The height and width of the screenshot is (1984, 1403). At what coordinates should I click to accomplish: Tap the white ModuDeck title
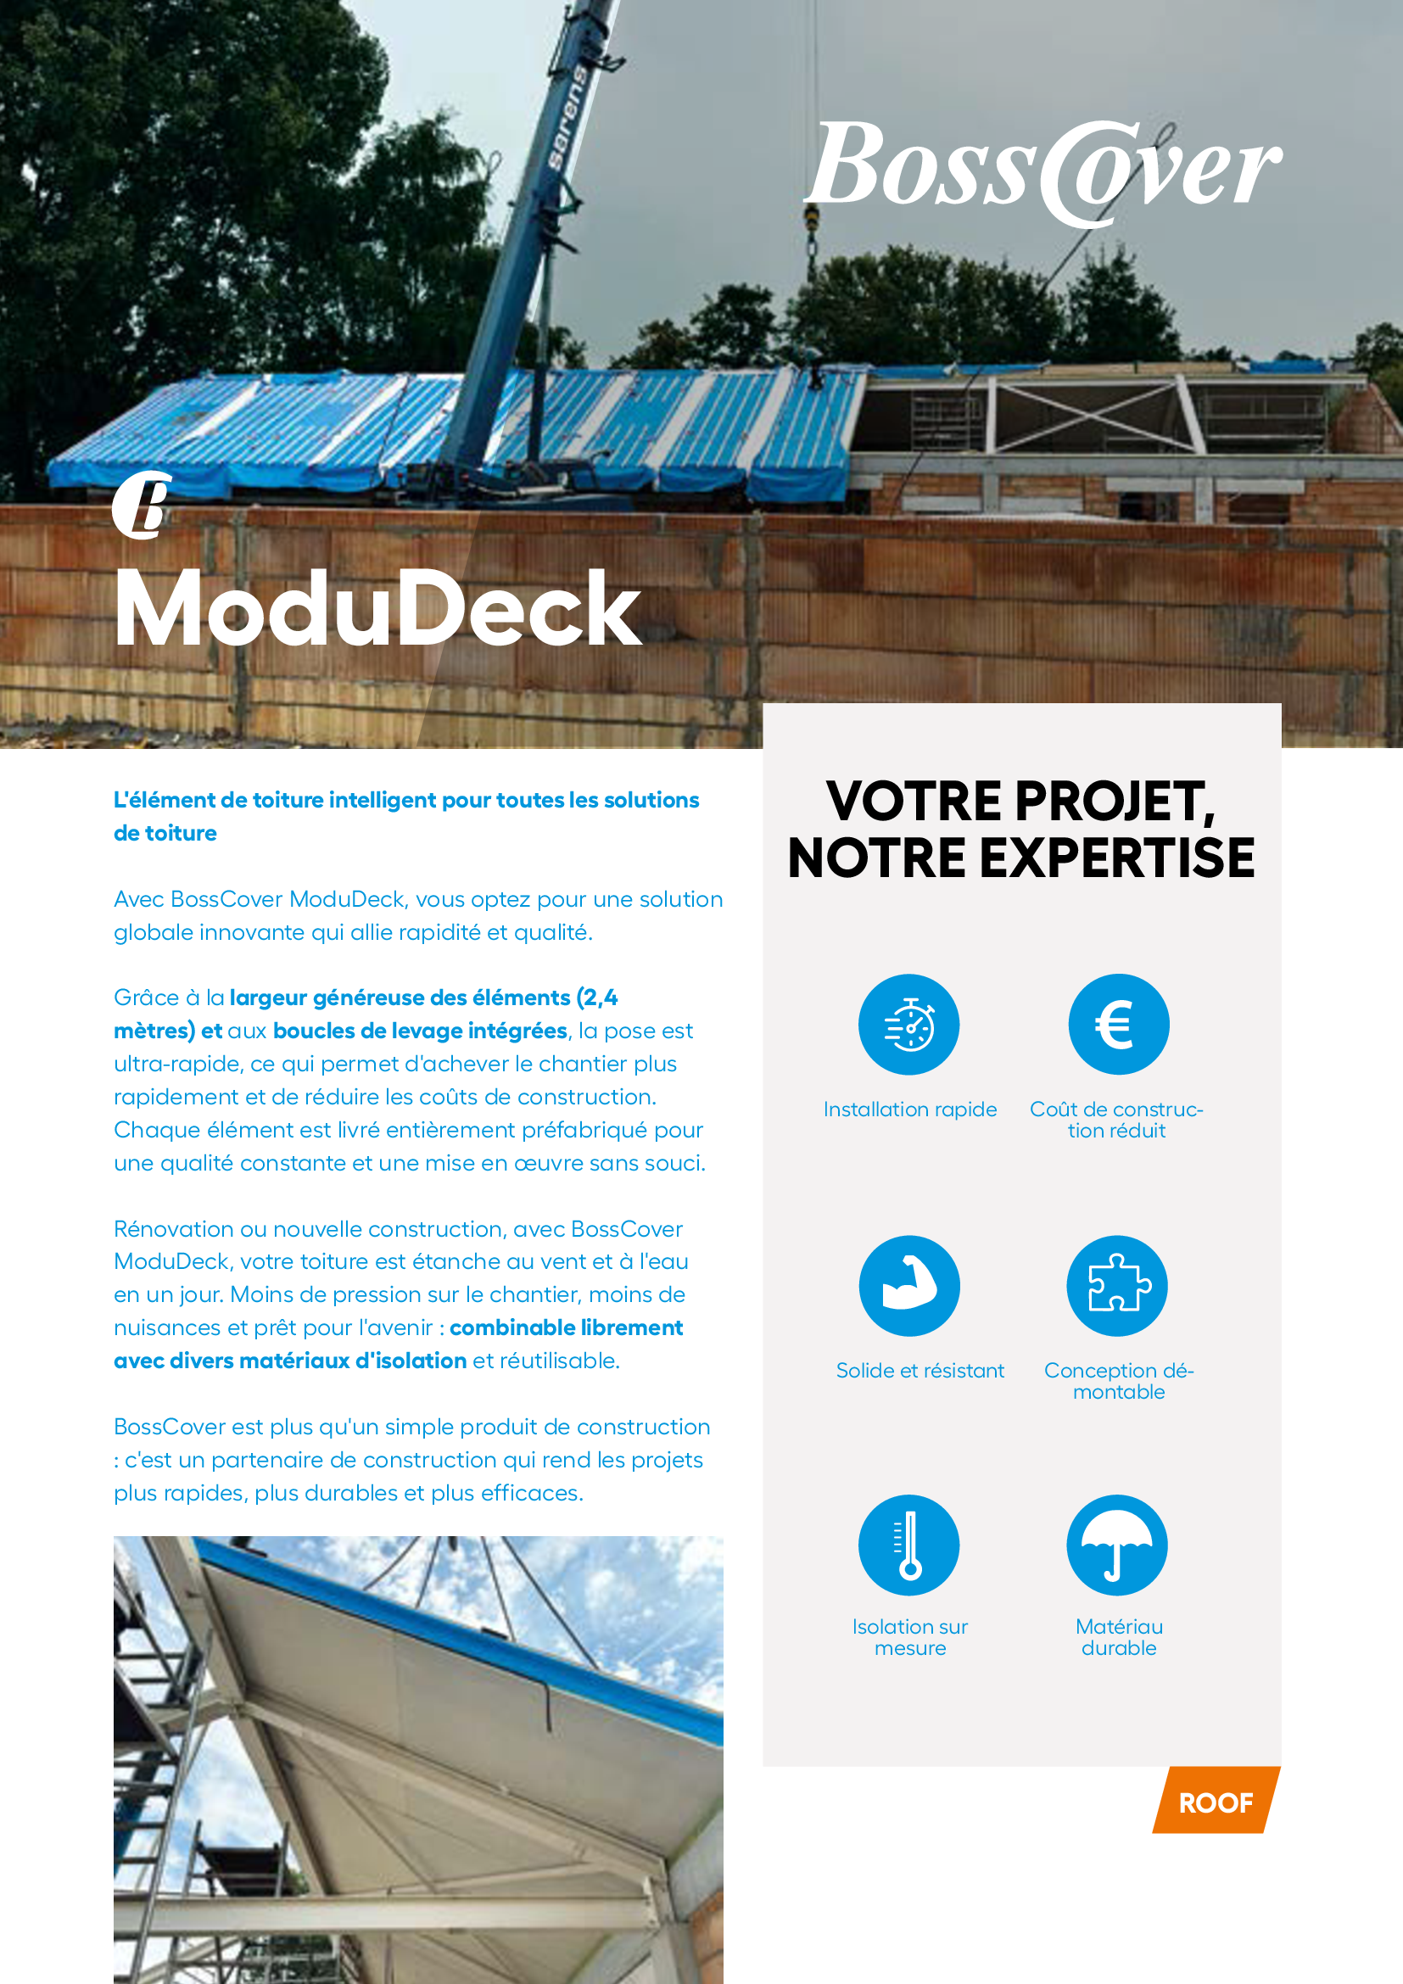(x=377, y=609)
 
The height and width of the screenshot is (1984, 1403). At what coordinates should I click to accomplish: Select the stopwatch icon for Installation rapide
(x=908, y=1025)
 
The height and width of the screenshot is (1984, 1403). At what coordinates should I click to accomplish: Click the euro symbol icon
(x=1118, y=1025)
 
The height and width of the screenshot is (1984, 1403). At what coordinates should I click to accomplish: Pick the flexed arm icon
(x=908, y=1286)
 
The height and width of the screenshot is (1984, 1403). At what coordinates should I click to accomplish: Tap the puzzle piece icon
(x=1118, y=1286)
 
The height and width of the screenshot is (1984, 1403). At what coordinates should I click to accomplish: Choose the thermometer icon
(x=908, y=1545)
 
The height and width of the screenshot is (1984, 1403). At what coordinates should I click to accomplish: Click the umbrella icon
(x=1117, y=1545)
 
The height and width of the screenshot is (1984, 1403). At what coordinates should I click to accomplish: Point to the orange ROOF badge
(x=1216, y=1803)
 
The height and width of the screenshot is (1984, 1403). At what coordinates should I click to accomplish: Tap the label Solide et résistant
(x=920, y=1372)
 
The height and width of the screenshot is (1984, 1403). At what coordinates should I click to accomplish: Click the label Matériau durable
(x=1119, y=1637)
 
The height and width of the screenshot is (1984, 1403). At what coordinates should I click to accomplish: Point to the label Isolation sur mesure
(x=909, y=1637)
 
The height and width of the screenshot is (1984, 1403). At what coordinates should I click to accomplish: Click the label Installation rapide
(x=909, y=1109)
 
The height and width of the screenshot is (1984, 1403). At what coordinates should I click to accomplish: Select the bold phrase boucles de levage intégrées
(x=420, y=1031)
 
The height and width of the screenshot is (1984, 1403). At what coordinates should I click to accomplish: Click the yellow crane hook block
(x=811, y=221)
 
